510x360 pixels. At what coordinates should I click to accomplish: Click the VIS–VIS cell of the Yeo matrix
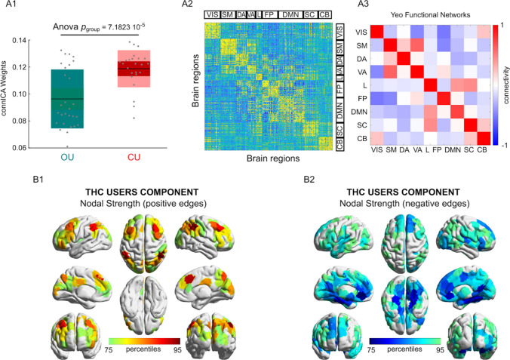point(386,32)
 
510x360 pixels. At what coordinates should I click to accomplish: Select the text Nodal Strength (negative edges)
point(382,202)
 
